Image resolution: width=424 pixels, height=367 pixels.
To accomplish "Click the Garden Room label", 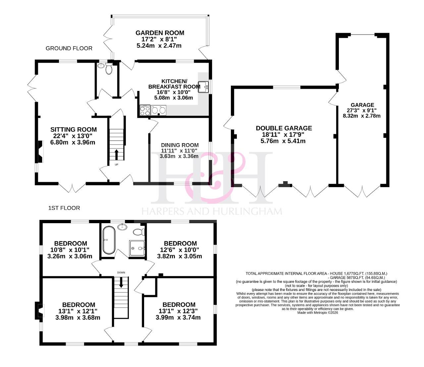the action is point(160,33).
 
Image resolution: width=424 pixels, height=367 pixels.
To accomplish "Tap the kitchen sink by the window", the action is point(203,87).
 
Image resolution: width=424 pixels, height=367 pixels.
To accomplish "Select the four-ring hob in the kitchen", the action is point(145,110).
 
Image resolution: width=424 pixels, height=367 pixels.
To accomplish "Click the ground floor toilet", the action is point(109,68).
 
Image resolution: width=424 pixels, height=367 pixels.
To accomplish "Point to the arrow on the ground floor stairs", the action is point(116,155).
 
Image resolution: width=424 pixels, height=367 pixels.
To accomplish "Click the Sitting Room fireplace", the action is point(40,151).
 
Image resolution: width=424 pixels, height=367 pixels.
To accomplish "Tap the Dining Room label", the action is point(180,145).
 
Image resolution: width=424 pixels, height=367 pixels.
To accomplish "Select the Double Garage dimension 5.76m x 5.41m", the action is point(283,141).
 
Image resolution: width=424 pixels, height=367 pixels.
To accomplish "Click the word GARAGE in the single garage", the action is point(362,105).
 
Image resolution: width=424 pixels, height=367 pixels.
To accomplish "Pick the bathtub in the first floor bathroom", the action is point(109,240).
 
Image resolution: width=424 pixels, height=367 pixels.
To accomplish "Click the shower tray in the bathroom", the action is point(137,248).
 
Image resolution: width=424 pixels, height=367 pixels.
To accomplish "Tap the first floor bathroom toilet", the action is point(139,232).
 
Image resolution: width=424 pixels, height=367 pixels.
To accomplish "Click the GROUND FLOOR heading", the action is point(69,48).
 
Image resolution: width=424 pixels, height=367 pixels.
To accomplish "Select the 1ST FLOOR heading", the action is point(64,208).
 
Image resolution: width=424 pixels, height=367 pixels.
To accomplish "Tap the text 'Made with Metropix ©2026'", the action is point(318,313).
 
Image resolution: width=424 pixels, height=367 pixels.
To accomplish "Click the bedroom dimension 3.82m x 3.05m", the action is point(180,256).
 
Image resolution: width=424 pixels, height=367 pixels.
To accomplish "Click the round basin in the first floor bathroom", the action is point(123,227).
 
